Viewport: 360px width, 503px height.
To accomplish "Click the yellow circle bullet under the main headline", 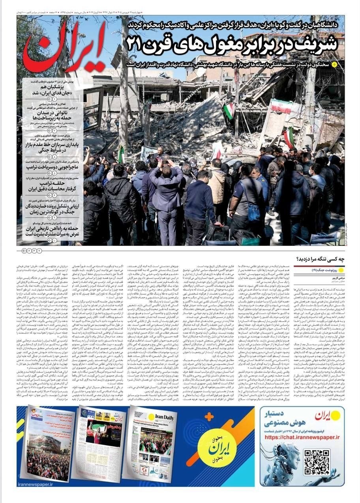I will coord(334,64).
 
